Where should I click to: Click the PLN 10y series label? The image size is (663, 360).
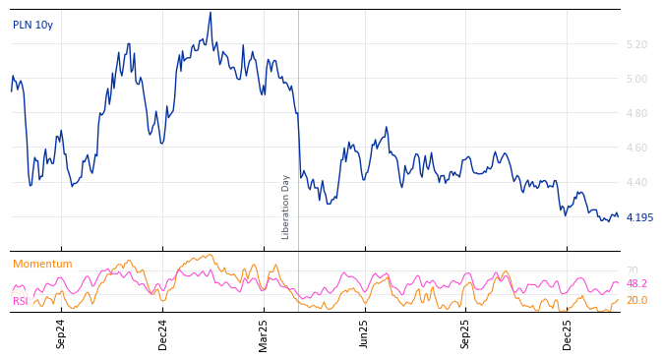[x=32, y=26]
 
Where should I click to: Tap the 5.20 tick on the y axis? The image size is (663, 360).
[x=636, y=45]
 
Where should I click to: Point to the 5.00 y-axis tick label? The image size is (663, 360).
[x=636, y=80]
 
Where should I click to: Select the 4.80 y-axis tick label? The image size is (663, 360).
[x=636, y=114]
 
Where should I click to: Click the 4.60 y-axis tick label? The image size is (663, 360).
[x=636, y=149]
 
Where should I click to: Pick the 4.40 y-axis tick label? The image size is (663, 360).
[x=636, y=183]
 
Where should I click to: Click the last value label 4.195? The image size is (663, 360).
[x=639, y=218]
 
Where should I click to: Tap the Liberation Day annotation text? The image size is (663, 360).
[x=286, y=207]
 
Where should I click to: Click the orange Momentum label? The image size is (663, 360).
[x=42, y=265]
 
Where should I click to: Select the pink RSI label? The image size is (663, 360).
[x=21, y=301]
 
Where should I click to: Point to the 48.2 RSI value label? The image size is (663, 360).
[x=636, y=283]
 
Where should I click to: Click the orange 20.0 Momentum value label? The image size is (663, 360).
[x=636, y=301]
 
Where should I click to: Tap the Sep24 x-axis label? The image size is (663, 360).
[x=61, y=333]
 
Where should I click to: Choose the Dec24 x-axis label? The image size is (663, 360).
[x=163, y=333]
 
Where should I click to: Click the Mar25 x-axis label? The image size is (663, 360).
[x=263, y=333]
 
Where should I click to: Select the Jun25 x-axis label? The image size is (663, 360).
[x=364, y=333]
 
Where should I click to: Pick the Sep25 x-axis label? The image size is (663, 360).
[x=465, y=333]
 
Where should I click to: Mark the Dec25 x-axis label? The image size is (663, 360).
[x=568, y=333]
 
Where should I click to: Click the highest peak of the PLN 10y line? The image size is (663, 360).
[x=211, y=13]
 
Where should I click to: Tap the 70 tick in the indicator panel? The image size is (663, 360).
[x=632, y=271]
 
